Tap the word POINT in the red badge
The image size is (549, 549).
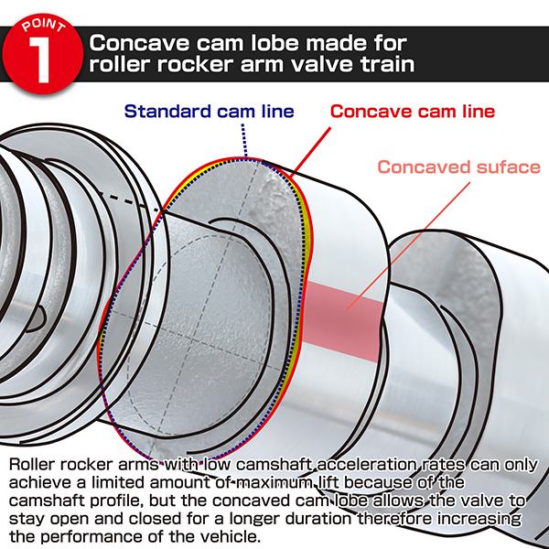43,26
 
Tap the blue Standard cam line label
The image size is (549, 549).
209,112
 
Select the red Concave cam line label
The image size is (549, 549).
413,112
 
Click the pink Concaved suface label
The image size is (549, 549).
459,167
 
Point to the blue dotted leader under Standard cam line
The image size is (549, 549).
244,140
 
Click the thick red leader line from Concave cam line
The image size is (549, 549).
312,150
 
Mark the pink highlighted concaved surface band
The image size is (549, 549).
342,322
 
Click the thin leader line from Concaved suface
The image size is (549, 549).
407,246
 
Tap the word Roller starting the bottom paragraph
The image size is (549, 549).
32,465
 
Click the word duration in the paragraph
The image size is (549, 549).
318,519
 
